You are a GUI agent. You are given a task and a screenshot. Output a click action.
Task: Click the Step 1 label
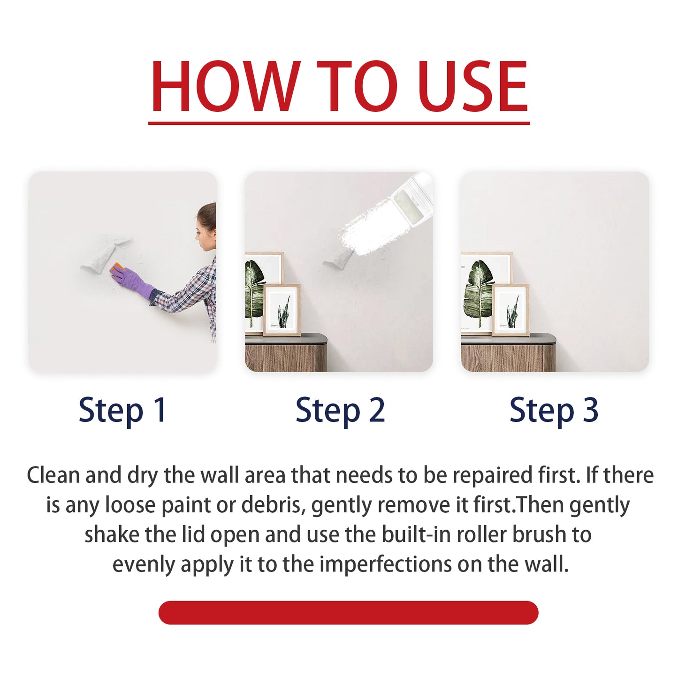pos(122,410)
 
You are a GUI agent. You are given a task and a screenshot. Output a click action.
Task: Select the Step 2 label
pos(340,410)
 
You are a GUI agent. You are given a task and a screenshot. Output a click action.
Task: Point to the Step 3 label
pos(554,410)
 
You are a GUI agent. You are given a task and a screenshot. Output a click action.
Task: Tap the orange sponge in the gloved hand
pos(117,269)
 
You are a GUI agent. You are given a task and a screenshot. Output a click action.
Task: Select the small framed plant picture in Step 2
pos(282,310)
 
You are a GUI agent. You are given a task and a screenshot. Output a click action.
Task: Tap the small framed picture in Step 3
pos(510,310)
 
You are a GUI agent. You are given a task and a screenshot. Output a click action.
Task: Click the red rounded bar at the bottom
pos(348,612)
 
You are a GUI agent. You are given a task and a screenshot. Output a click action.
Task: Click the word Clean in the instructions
pos(53,475)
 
